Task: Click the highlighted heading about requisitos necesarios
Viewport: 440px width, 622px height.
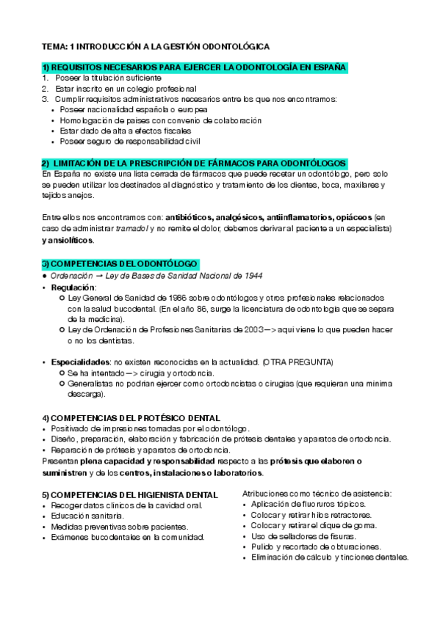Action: tap(194, 67)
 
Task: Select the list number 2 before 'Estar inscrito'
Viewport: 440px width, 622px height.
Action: tap(45, 88)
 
